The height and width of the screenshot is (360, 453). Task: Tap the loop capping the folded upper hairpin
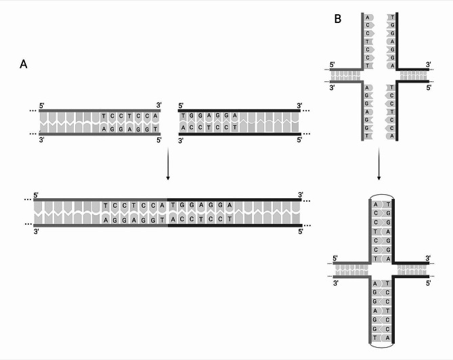(379, 198)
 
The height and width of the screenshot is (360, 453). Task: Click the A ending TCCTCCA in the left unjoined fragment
(156, 116)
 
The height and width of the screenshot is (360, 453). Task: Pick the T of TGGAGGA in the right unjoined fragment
(183, 116)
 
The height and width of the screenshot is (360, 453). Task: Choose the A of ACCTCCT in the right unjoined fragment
(183, 127)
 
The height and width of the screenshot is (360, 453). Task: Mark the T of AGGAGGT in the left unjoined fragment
(156, 128)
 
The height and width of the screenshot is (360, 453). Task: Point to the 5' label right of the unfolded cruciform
(428, 88)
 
